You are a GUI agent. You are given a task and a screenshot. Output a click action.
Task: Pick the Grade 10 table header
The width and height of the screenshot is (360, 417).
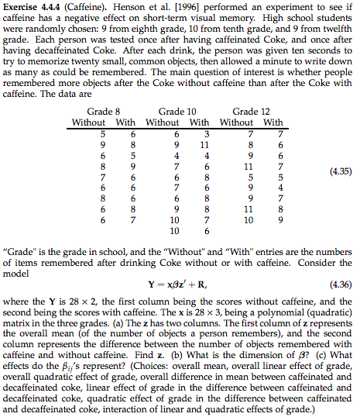[x=177, y=112]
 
